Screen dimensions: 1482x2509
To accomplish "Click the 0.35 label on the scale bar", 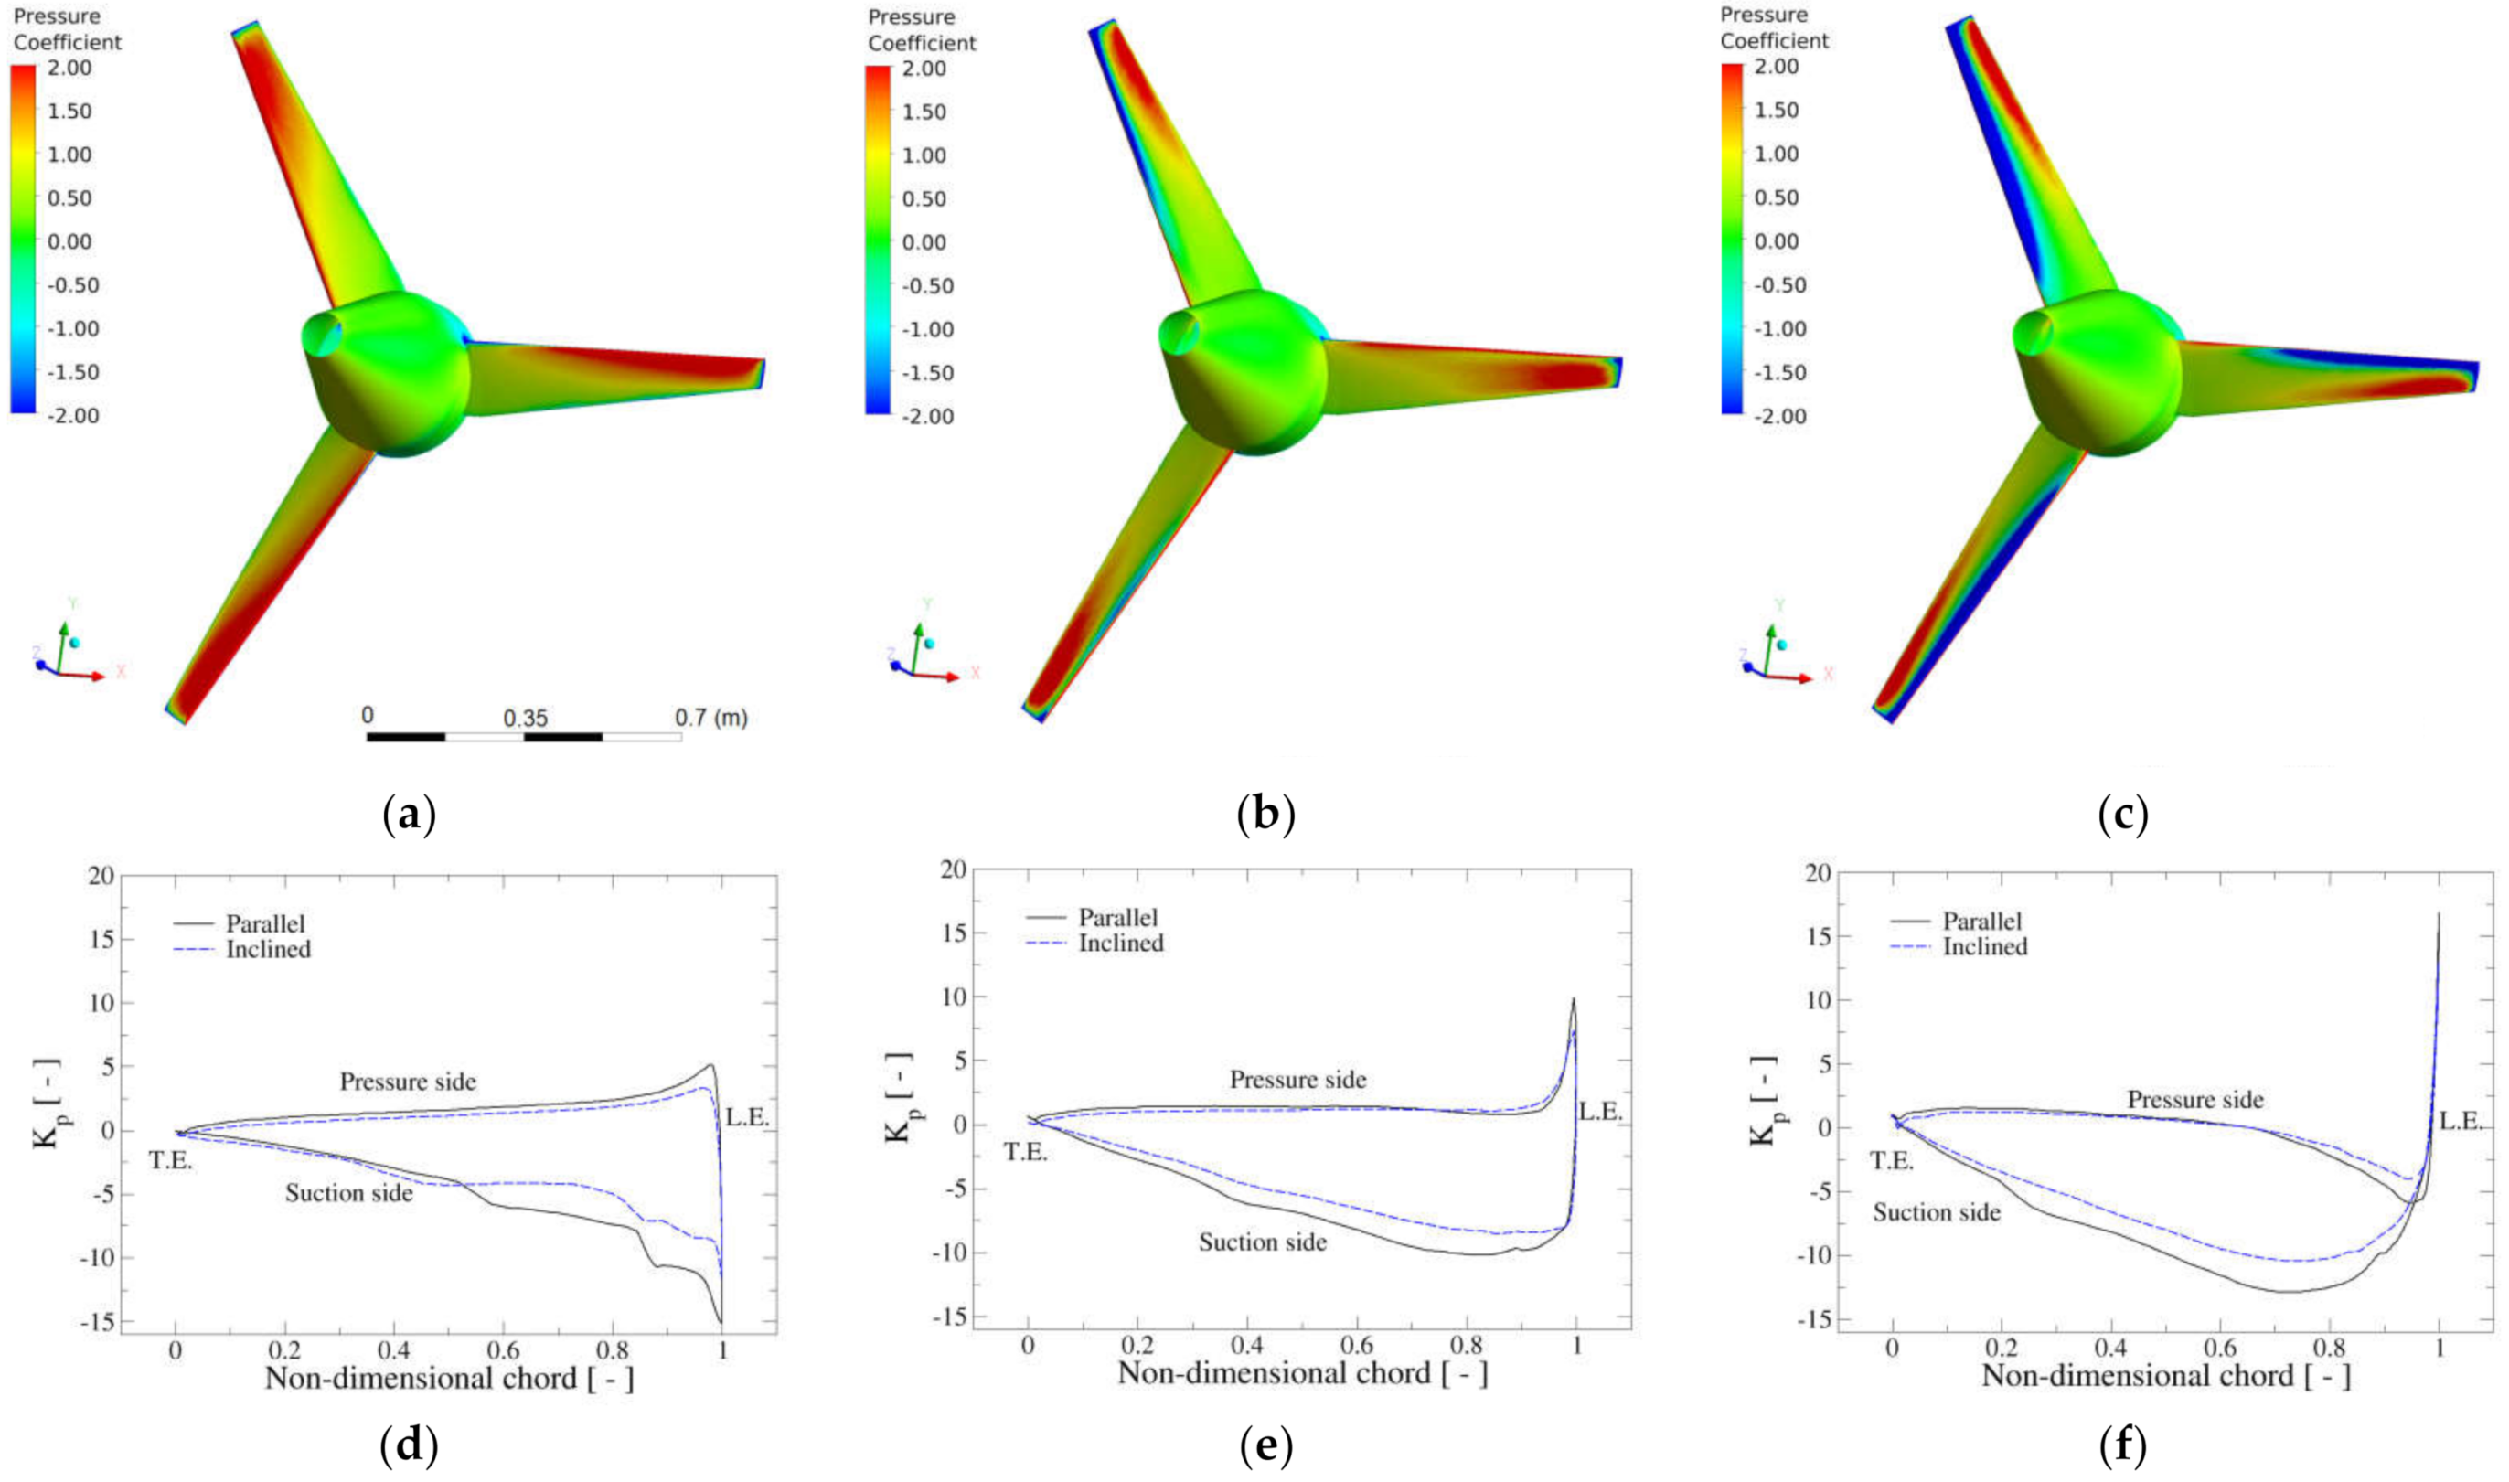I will (526, 718).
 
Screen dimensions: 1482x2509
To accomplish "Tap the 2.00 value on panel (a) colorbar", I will (69, 68).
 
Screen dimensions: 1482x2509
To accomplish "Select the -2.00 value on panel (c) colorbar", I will (1778, 415).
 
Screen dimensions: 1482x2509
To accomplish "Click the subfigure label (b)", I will (1265, 816).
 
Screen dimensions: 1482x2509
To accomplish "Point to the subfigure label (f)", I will (2123, 1445).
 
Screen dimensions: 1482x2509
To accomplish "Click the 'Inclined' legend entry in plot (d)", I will (268, 949).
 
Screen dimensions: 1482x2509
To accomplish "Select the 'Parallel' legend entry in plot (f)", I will (1981, 921).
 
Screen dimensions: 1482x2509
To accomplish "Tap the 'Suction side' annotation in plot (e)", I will (1263, 1242).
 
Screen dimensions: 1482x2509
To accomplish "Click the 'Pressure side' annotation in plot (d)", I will (408, 1082).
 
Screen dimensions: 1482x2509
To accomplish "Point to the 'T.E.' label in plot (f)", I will (1892, 1161).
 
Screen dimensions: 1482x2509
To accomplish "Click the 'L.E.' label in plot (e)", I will (1600, 1112).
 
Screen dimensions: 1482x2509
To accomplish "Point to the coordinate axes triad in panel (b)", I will (919, 654).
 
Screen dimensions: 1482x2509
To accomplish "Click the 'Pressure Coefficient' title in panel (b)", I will (921, 30).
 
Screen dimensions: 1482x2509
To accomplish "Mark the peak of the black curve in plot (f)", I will (2438, 912).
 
